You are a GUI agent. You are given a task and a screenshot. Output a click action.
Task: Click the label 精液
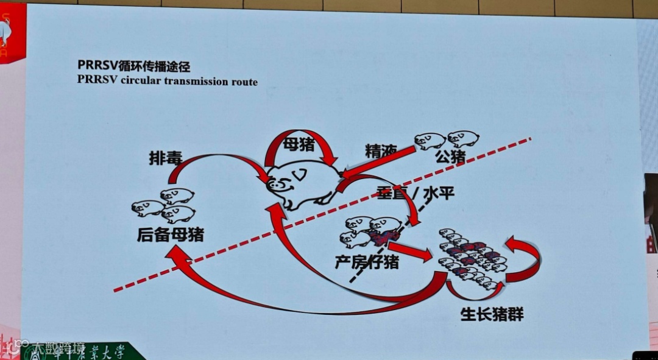click(x=381, y=150)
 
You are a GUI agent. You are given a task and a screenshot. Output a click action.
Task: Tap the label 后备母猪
click(x=170, y=234)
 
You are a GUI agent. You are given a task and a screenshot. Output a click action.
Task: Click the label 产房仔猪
click(x=367, y=262)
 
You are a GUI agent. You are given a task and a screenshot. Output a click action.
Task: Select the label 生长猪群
click(x=492, y=314)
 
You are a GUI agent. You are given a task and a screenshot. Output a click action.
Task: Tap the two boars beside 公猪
click(x=447, y=139)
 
